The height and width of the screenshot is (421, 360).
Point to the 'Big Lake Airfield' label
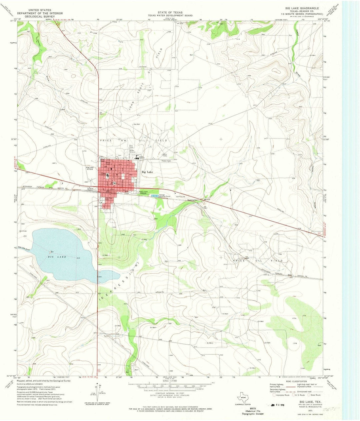[x=90, y=169]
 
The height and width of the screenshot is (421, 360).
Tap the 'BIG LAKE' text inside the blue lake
[x=57, y=257]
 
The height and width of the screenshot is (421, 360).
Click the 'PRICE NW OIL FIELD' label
[x=133, y=141]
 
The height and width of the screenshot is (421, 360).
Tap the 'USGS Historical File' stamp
[x=253, y=411]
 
